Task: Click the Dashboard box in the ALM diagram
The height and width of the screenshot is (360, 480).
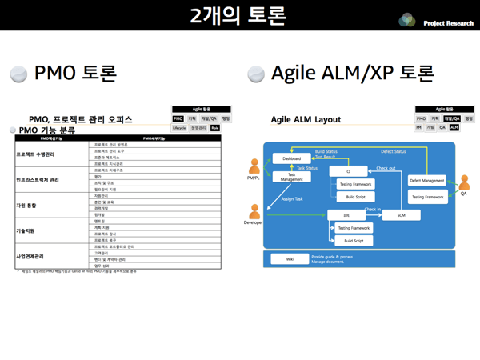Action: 291,158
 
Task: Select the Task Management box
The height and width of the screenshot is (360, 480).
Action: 291,178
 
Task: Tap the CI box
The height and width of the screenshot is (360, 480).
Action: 349,171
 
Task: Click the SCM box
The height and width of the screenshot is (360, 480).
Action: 401,215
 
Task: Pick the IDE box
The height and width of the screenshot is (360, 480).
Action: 346,215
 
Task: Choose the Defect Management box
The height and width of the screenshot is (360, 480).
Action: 427,181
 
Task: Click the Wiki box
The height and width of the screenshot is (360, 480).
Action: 289,259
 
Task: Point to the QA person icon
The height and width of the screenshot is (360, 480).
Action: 463,183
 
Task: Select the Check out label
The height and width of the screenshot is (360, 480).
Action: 386,168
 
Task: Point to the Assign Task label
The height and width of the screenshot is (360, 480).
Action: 292,198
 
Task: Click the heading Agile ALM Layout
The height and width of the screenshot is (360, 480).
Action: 306,120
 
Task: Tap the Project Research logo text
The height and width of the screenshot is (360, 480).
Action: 448,23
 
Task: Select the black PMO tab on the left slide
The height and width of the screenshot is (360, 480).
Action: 178,118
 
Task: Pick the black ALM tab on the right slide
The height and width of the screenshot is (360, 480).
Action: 454,127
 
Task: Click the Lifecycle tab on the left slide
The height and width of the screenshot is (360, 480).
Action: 179,128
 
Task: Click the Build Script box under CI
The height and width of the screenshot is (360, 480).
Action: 355,197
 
